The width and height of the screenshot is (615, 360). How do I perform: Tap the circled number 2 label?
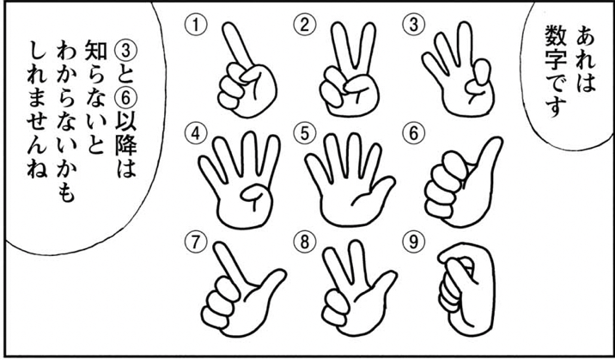[303, 26]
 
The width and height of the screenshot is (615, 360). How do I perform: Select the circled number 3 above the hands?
[411, 26]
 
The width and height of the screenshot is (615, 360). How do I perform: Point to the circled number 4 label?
[195, 134]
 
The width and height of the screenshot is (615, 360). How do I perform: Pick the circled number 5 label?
[303, 134]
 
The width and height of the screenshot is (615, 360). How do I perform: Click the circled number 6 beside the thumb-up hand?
[411, 134]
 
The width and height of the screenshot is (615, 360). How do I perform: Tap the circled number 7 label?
[195, 243]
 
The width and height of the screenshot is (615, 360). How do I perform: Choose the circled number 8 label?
[303, 243]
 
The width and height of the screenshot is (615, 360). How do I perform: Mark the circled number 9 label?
[411, 243]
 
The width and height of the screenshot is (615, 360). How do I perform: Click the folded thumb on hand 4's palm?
[255, 194]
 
